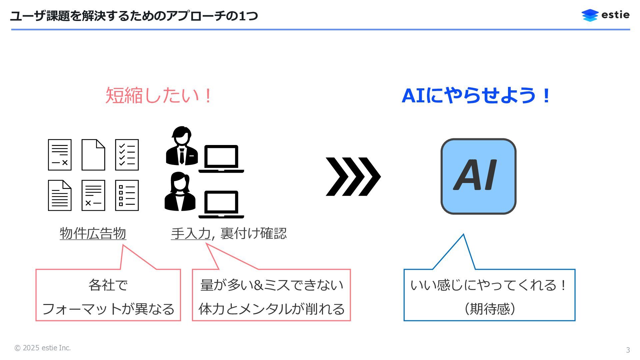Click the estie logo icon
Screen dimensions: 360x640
(590, 15)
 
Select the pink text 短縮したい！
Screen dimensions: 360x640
(159, 95)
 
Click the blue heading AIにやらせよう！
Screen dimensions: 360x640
(476, 95)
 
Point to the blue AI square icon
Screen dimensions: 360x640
(478, 176)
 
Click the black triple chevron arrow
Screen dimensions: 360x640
(353, 176)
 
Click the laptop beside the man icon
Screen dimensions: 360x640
(221, 159)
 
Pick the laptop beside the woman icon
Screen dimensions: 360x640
(221, 204)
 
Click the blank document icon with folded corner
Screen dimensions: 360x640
(93, 155)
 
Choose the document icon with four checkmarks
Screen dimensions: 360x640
(127, 155)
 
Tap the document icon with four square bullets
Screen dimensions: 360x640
(127, 195)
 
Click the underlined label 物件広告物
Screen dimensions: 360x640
(93, 233)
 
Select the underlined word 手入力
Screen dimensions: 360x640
(191, 233)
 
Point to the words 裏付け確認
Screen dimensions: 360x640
(253, 233)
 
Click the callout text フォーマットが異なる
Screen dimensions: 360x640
(108, 309)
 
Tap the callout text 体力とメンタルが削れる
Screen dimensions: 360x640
(271, 309)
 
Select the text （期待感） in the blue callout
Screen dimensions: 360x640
(489, 309)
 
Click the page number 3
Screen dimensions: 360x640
(628, 350)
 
